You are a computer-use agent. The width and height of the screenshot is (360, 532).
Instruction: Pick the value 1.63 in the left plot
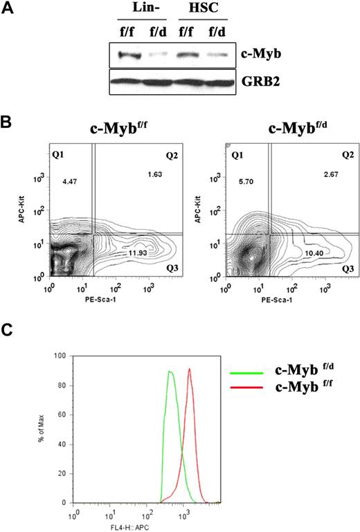pyautogui.click(x=154, y=175)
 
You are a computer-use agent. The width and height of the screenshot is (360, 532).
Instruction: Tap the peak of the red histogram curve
pyautogui.click(x=189, y=369)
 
